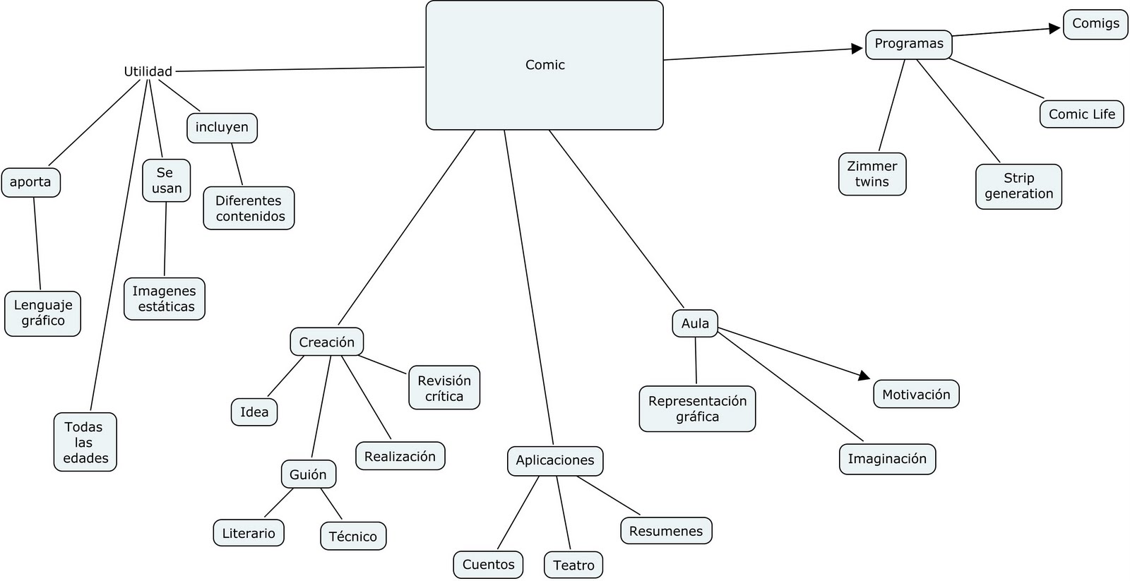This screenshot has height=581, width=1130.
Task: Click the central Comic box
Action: click(545, 65)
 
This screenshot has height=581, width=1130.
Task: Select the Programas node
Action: click(909, 44)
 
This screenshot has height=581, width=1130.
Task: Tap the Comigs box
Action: click(1095, 24)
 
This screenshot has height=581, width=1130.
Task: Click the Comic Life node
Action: click(1081, 114)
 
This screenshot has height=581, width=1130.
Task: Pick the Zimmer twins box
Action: click(872, 174)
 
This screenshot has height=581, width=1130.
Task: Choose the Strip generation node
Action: click(1018, 186)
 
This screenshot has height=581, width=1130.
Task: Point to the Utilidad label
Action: click(148, 71)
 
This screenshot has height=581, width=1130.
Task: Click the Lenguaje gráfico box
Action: click(43, 313)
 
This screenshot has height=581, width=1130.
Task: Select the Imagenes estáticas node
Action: click(165, 299)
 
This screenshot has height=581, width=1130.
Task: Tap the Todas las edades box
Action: click(85, 443)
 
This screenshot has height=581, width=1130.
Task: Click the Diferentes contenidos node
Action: click(249, 208)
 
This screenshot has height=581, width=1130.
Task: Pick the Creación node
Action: click(326, 342)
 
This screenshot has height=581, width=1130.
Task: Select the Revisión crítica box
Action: click(444, 388)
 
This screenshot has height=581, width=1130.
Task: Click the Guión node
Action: click(308, 474)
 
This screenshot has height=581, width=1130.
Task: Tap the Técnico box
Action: click(353, 537)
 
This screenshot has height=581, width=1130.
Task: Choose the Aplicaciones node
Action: click(555, 460)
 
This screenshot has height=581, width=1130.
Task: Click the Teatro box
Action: click(573, 565)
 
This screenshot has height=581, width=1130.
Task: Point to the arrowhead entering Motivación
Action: click(864, 376)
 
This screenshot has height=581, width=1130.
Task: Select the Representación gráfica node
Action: click(697, 409)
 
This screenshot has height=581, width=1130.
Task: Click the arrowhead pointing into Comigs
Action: click(1056, 28)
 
